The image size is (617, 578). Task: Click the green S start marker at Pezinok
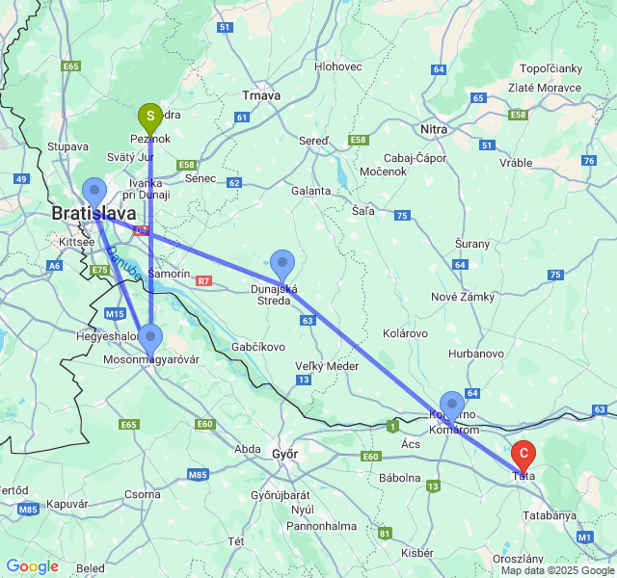(x=150, y=117)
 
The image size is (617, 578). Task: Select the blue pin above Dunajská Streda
(x=282, y=262)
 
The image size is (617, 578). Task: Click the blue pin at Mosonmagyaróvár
(x=150, y=338)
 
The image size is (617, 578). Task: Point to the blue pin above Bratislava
(x=94, y=191)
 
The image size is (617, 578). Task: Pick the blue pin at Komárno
(x=451, y=405)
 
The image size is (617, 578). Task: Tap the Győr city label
(x=284, y=454)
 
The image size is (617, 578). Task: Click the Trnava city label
(x=260, y=95)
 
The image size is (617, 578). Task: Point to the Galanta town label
(x=310, y=191)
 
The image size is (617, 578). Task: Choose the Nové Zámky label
(x=464, y=297)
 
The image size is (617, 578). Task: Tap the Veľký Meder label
(x=327, y=365)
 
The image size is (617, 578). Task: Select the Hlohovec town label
(x=337, y=66)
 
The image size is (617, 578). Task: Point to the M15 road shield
(x=116, y=314)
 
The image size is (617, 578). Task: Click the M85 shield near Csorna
(x=198, y=474)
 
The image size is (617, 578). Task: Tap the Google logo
(x=32, y=567)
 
